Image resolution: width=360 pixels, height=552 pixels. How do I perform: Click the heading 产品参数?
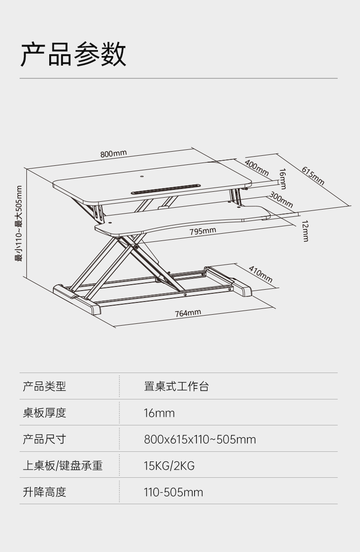pyautogui.click(x=73, y=54)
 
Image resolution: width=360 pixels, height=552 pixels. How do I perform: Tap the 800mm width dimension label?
pyautogui.click(x=113, y=153)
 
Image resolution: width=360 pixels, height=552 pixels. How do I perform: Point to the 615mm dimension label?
pyautogui.click(x=313, y=176)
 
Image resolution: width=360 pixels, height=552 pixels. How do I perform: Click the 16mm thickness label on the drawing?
pyautogui.click(x=283, y=179)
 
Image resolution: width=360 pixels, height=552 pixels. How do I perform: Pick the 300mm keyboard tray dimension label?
pyautogui.click(x=281, y=199)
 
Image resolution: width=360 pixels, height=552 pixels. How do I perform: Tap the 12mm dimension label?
pyautogui.click(x=305, y=231)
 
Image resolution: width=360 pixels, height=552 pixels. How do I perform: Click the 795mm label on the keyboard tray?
pyautogui.click(x=203, y=231)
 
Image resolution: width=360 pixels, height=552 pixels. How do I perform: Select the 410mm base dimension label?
pyautogui.click(x=261, y=273)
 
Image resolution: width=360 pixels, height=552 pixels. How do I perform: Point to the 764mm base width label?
pyautogui.click(x=188, y=313)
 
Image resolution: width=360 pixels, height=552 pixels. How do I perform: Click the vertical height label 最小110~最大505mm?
pyautogui.click(x=19, y=223)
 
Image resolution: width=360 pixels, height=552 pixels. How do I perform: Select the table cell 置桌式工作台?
pyautogui.click(x=176, y=387)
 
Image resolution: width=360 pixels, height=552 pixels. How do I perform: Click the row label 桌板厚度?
pyautogui.click(x=45, y=413)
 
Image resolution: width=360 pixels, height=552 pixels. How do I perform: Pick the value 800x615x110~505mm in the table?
pyautogui.click(x=200, y=440)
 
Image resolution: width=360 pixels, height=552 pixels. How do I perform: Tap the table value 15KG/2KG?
pyautogui.click(x=169, y=466)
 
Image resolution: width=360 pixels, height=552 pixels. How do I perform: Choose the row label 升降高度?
pyautogui.click(x=45, y=492)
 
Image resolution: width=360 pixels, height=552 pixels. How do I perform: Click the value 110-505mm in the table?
pyautogui.click(x=173, y=492)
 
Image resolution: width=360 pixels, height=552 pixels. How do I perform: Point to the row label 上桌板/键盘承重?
pyautogui.click(x=63, y=466)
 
